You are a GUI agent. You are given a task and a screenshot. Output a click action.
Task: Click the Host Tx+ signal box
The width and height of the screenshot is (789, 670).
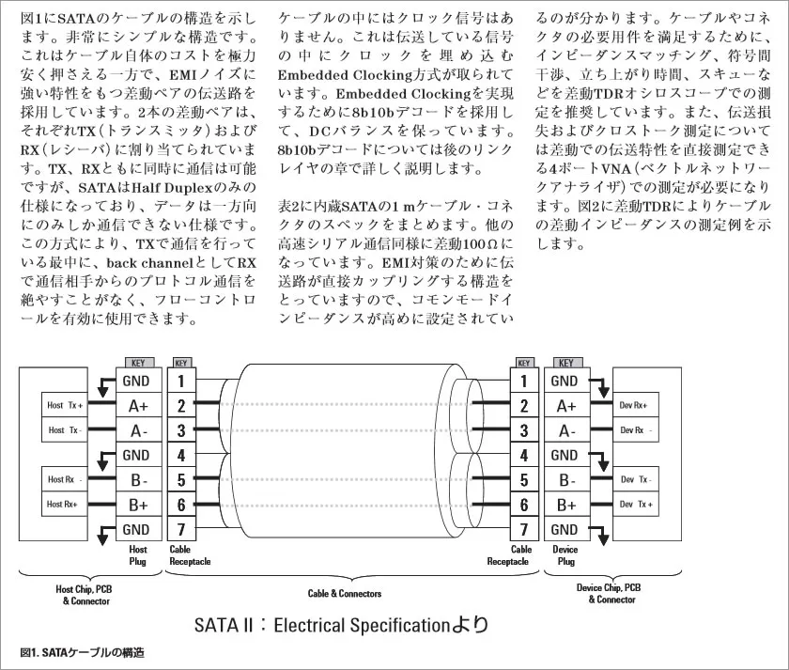click(65, 405)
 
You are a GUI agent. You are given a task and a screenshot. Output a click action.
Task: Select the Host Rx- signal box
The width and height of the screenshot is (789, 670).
click(65, 479)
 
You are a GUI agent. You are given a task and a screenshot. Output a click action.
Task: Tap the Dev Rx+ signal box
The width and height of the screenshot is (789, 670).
click(636, 405)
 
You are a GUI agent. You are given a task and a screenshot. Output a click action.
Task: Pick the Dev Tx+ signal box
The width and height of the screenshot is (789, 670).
click(636, 504)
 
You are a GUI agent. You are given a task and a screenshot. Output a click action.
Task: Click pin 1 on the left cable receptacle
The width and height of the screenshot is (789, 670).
click(181, 381)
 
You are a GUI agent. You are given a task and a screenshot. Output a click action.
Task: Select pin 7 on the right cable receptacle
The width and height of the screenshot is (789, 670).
click(524, 529)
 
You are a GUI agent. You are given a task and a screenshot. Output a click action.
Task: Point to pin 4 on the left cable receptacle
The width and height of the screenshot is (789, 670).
click(181, 455)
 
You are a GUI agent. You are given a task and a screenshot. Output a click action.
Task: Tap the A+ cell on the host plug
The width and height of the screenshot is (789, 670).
click(138, 405)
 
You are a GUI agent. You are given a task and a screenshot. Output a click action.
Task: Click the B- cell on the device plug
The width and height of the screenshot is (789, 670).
click(567, 480)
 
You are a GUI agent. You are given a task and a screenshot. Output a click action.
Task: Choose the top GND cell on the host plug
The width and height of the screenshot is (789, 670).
click(138, 381)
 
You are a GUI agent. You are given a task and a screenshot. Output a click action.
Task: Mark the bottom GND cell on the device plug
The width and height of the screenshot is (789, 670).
click(567, 529)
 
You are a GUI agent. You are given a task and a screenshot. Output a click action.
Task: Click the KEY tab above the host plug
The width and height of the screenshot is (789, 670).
click(139, 363)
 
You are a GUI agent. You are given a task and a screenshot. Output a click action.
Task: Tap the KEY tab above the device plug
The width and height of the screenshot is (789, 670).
click(567, 363)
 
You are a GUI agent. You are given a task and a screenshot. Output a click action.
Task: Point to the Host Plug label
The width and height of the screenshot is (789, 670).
click(138, 555)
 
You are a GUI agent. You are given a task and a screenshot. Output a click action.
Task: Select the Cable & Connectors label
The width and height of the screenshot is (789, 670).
click(345, 594)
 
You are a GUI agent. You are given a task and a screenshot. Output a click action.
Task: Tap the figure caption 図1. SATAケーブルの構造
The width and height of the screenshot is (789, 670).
click(83, 652)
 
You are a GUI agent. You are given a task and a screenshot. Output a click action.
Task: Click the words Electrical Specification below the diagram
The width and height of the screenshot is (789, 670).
click(362, 626)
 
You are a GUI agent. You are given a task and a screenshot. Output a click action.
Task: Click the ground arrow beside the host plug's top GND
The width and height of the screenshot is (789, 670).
click(104, 385)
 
